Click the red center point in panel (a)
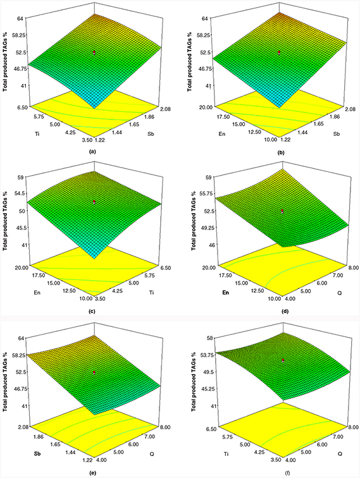(x=94, y=52)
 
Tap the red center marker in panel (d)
(x=283, y=211)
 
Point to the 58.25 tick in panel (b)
(x=204, y=35)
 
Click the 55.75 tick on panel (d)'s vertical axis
(x=204, y=193)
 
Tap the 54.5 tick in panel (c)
(x=22, y=193)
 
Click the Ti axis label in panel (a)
(x=38, y=133)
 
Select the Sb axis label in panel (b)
(x=336, y=133)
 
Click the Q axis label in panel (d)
(x=339, y=293)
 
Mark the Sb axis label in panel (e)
(x=37, y=453)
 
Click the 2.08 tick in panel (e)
(x=23, y=427)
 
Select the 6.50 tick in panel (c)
(x=165, y=267)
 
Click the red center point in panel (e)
(x=94, y=372)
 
